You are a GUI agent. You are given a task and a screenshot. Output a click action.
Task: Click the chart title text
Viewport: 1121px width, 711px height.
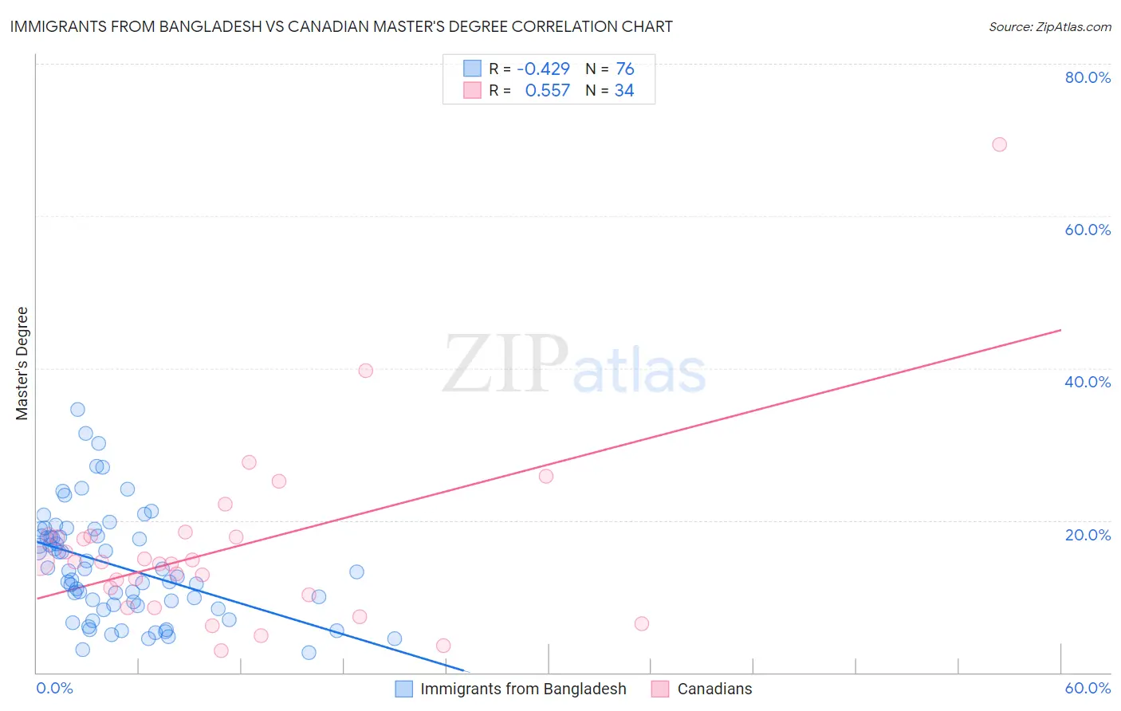point(340,27)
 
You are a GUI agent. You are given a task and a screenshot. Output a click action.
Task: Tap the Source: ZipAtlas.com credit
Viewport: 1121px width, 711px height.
point(1049,27)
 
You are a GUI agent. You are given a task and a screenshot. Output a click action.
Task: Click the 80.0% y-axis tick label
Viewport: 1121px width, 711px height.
point(1088,77)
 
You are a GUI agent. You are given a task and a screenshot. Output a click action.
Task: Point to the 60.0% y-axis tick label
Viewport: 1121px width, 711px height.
point(1088,230)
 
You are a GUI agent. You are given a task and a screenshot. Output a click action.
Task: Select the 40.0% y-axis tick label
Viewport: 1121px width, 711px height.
point(1088,382)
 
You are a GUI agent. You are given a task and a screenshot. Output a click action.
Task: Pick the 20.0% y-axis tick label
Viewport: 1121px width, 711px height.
point(1088,535)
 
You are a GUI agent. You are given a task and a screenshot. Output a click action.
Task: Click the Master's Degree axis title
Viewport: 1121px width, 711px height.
point(22,363)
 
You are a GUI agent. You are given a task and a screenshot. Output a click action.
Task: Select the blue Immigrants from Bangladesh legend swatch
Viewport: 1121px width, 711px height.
point(404,689)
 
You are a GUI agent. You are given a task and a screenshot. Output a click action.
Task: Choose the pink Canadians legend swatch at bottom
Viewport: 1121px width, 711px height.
point(660,689)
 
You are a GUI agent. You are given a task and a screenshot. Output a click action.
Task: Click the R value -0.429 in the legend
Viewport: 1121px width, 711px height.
point(543,69)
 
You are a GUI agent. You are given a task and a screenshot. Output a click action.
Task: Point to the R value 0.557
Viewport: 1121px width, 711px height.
point(547,91)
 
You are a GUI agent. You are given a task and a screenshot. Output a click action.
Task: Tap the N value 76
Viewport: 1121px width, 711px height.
point(625,69)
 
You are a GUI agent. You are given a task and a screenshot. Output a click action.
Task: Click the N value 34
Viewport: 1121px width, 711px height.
point(624,91)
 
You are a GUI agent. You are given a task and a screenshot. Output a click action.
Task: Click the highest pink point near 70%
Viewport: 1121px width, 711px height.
point(999,144)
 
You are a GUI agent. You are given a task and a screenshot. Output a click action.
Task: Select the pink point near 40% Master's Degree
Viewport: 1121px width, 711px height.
point(366,371)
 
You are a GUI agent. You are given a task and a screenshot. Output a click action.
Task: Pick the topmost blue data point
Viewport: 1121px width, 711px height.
point(77,410)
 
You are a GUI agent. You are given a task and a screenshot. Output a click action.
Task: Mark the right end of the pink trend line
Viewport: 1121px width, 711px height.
point(1060,330)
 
